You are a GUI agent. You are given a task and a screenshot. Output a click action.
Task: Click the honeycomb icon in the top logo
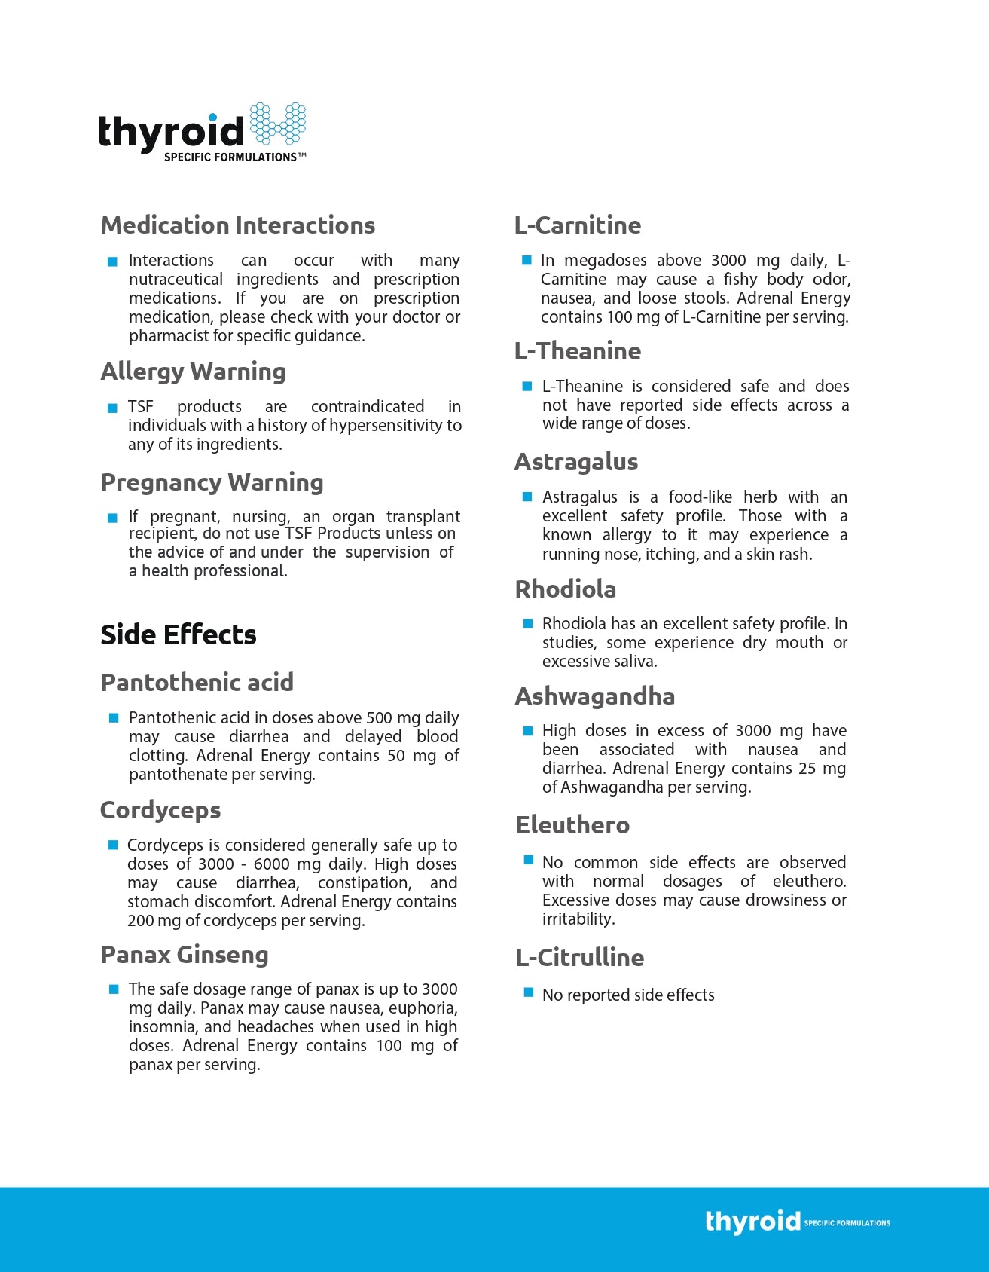point(277,124)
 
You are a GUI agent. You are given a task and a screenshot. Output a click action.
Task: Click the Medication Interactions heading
point(238,225)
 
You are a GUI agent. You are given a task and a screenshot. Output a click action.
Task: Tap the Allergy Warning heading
point(194,372)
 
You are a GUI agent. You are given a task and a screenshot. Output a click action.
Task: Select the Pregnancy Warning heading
point(212,482)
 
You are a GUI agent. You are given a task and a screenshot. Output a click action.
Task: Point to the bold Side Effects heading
point(179,634)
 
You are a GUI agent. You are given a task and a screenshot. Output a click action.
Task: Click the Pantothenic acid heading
point(197,683)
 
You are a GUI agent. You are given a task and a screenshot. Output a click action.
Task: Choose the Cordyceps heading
point(160,810)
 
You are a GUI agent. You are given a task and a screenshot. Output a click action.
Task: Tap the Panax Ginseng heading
point(185,955)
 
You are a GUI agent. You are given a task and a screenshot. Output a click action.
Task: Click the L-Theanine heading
point(578,351)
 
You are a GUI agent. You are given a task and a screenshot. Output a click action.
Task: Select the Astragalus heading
point(576,462)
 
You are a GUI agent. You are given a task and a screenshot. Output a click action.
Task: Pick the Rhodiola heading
point(566,589)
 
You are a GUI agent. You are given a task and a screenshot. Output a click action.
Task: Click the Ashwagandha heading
point(595,696)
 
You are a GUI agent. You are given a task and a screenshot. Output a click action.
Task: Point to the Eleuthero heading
point(572,825)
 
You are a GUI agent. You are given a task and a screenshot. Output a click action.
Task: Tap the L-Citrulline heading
point(580,958)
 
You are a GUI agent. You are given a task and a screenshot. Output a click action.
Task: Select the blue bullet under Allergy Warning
point(112,408)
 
